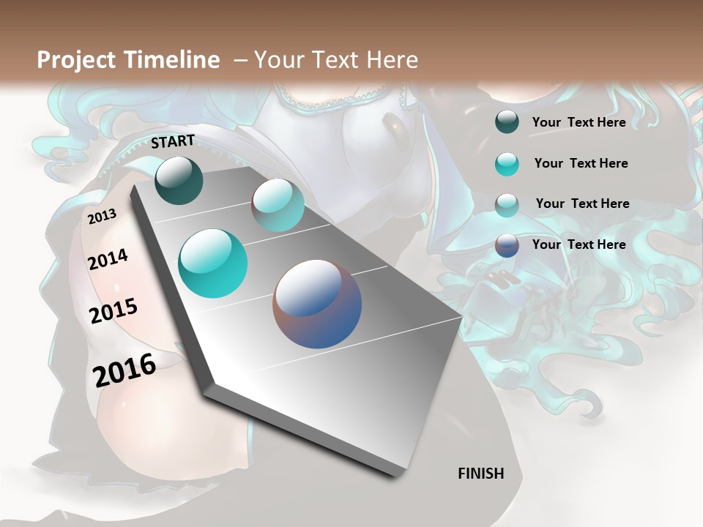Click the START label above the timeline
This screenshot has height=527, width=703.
point(173,141)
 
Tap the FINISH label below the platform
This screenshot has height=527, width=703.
point(481,474)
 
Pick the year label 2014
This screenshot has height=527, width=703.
point(108,259)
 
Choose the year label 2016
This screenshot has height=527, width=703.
point(124,370)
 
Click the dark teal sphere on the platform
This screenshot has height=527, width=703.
point(179,181)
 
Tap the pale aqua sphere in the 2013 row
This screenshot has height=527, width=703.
point(278,205)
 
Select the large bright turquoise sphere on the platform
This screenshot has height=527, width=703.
point(213,263)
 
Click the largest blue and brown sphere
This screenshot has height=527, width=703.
point(317,304)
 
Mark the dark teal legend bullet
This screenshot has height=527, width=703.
point(507,122)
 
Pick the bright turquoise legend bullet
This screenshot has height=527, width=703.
point(507,164)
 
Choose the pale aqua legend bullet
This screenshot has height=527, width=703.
point(507,205)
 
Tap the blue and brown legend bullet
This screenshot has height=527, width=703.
point(507,245)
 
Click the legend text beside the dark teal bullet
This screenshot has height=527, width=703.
point(579,122)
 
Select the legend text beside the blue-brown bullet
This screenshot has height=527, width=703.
point(579,244)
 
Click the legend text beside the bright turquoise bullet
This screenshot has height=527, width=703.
point(581,163)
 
